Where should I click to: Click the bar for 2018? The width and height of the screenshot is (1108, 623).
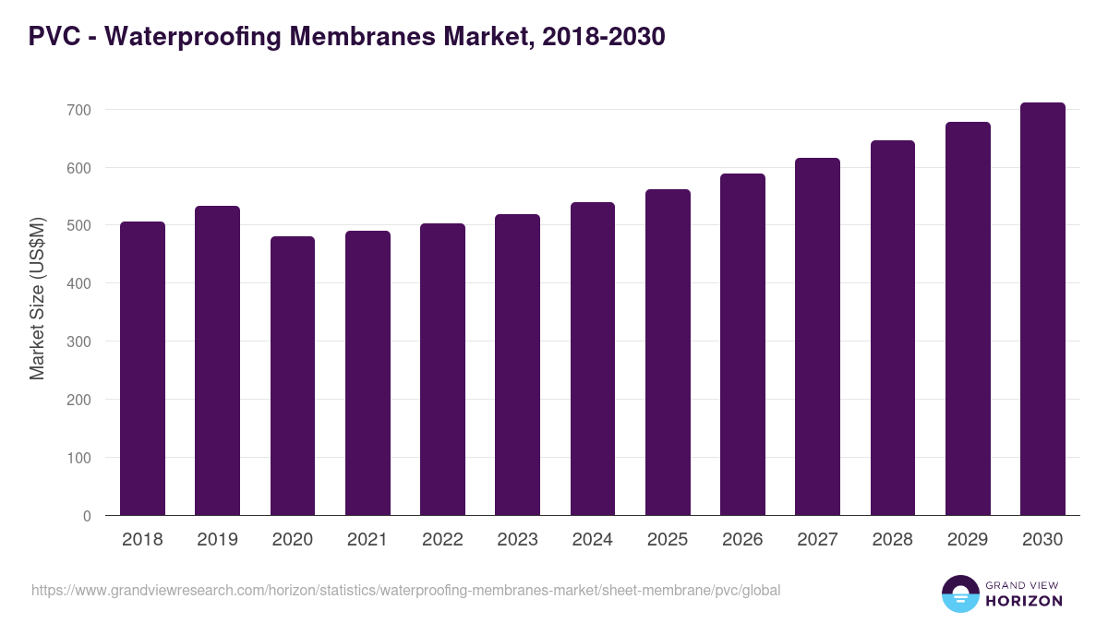pyautogui.click(x=142, y=369)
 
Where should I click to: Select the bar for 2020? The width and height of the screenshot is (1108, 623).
pyautogui.click(x=293, y=377)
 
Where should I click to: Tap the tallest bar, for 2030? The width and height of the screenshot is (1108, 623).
pyautogui.click(x=1042, y=309)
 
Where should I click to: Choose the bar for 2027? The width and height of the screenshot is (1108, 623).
pyautogui.click(x=817, y=337)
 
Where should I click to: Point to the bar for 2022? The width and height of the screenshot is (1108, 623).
pyautogui.click(x=442, y=369)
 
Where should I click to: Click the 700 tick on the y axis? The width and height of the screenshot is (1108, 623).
pyautogui.click(x=80, y=110)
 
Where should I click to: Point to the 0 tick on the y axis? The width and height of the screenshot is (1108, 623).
pyautogui.click(x=87, y=516)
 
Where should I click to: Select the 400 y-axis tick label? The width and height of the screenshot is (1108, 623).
pyautogui.click(x=80, y=283)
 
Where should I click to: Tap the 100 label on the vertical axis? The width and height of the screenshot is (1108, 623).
pyautogui.click(x=80, y=458)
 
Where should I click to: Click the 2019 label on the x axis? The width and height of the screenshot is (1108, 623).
pyautogui.click(x=217, y=540)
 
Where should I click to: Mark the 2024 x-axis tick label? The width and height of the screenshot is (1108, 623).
pyautogui.click(x=592, y=540)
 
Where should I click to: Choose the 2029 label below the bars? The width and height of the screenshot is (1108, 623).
pyautogui.click(x=968, y=540)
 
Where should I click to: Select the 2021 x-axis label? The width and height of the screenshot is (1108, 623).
pyautogui.click(x=367, y=540)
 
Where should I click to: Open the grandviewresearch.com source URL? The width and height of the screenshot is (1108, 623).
pyautogui.click(x=406, y=590)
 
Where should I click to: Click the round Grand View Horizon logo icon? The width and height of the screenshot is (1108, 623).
pyautogui.click(x=960, y=594)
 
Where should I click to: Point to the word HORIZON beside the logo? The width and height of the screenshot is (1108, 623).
pyautogui.click(x=1024, y=601)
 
